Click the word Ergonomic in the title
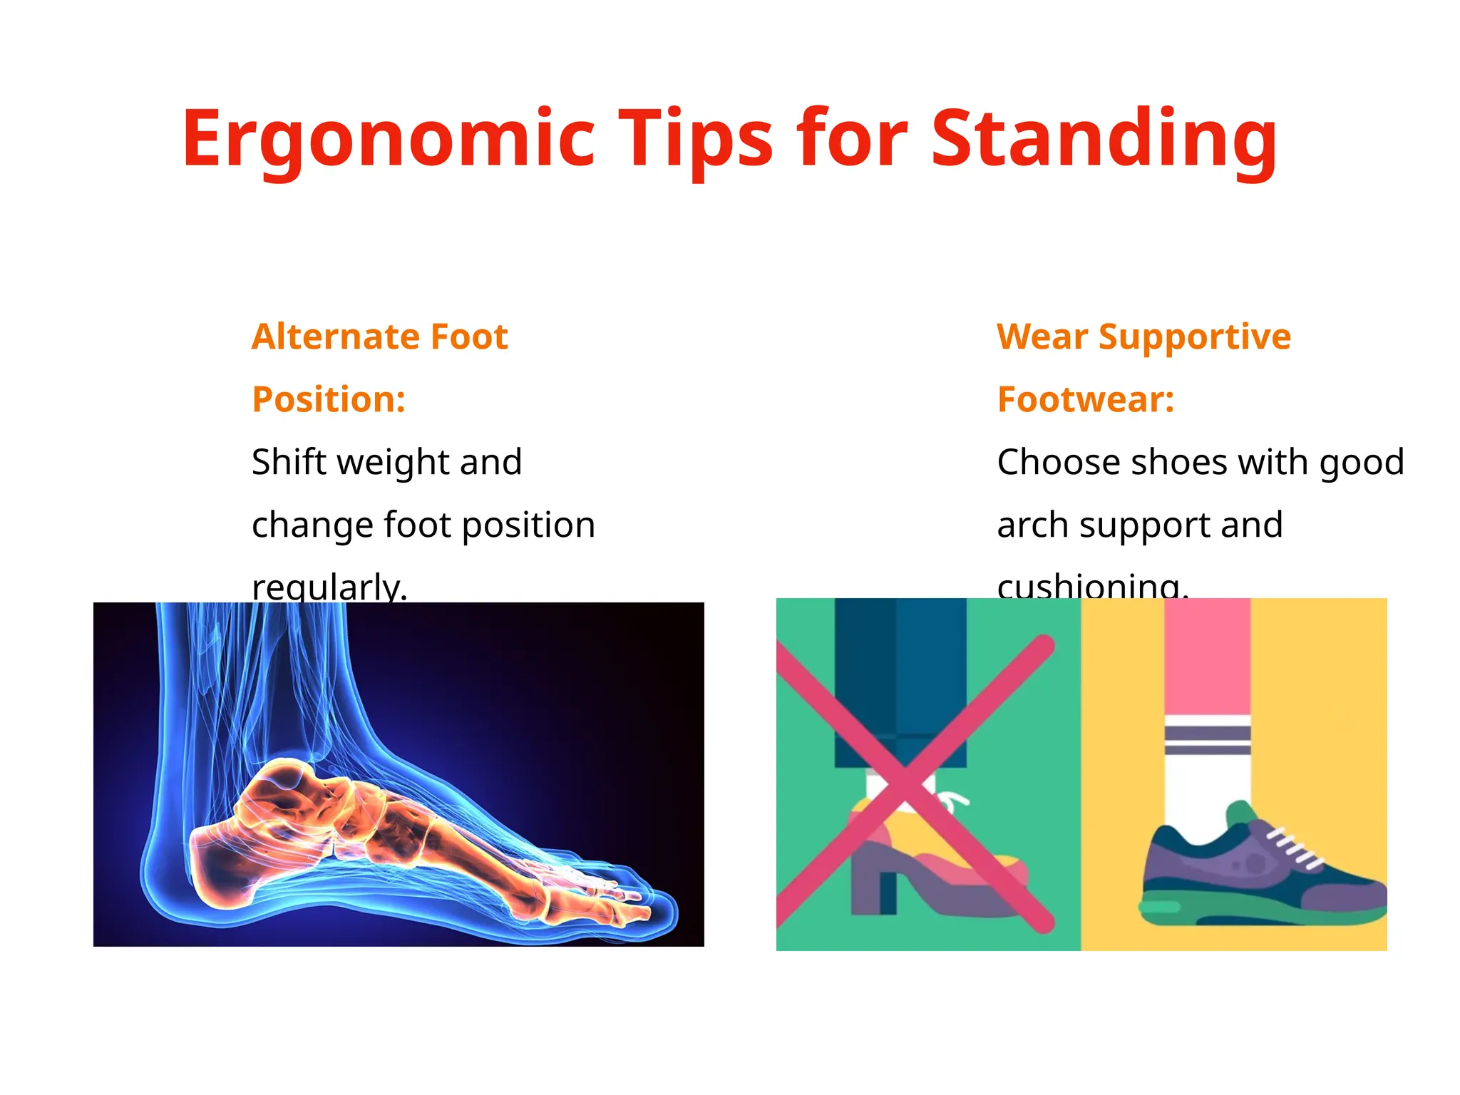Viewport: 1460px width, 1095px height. [389, 139]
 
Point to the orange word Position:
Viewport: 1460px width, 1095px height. [329, 399]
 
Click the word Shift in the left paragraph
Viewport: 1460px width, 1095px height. [288, 462]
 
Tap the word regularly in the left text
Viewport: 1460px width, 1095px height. [329, 587]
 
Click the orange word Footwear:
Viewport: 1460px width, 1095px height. [1085, 399]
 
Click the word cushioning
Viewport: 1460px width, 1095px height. [1091, 587]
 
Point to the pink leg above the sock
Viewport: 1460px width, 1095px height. [1207, 656]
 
